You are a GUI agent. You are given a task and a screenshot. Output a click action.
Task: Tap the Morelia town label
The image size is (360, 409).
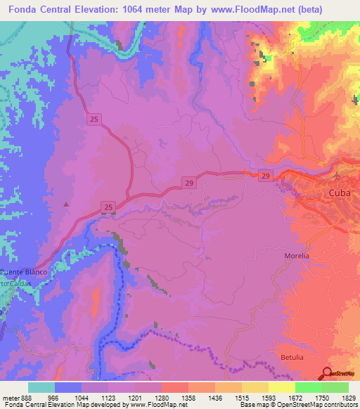click(297, 256)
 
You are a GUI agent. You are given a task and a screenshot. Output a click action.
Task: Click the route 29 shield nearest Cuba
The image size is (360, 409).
click(264, 174)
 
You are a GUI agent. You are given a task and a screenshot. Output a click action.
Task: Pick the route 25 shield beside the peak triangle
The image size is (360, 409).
click(108, 207)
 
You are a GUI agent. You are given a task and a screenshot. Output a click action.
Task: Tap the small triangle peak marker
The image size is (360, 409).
click(67, 204)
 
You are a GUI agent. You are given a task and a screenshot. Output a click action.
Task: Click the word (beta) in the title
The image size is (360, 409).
click(338, 10)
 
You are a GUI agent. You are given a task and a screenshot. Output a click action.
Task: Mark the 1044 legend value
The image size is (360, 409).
click(82, 398)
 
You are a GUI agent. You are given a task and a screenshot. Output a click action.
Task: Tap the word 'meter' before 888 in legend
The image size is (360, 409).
click(10, 398)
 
